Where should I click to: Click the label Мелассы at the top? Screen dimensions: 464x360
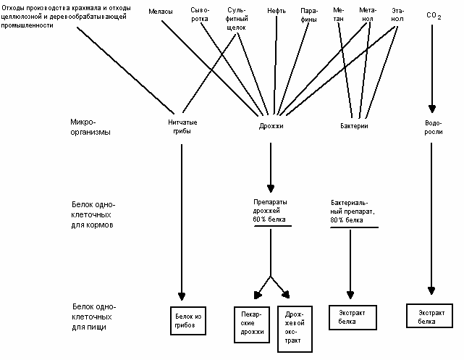[x=161, y=12]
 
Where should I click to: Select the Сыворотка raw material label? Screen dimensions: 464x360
[x=200, y=14]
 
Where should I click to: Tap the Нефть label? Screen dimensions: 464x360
[x=277, y=11]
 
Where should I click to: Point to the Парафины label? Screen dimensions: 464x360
[x=309, y=15]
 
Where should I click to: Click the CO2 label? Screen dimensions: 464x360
[x=434, y=15]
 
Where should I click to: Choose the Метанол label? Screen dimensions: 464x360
[x=368, y=14]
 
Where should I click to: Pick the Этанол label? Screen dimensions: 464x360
[x=397, y=14]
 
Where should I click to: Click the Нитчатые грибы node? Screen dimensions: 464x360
[x=182, y=127]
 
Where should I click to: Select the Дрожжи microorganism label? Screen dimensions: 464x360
[x=271, y=126]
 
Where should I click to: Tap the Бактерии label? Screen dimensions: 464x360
[x=354, y=126]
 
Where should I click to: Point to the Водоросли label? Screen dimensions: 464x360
[x=434, y=127]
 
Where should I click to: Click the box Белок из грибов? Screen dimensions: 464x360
[x=188, y=321]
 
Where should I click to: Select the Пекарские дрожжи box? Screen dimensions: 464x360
[x=252, y=325]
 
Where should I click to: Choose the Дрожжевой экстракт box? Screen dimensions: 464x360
[x=295, y=329]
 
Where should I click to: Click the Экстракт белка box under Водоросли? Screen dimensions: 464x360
[x=430, y=316]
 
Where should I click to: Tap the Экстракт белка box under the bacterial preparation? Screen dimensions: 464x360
[x=353, y=317]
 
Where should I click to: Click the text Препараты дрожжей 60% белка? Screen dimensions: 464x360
[x=270, y=211]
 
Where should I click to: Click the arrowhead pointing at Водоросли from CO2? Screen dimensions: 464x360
[x=432, y=109]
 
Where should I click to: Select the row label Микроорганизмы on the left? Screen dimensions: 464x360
[x=90, y=127]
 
